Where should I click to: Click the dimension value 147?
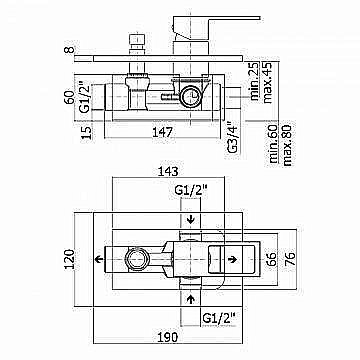162,132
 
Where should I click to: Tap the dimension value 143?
167,171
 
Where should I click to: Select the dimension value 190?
167,337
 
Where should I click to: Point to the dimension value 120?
69,259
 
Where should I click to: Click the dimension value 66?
272,259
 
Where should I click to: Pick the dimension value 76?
290,259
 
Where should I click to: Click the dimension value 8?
69,50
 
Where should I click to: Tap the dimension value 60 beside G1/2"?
69,97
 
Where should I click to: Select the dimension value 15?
86,132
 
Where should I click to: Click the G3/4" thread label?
233,137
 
